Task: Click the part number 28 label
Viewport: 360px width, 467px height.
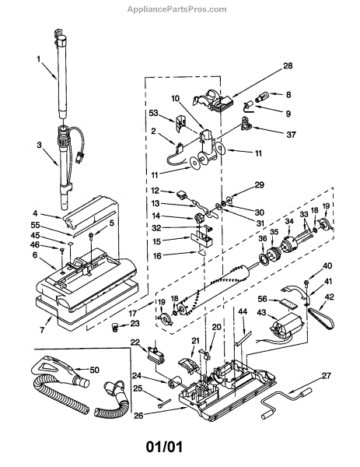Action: tap(288, 65)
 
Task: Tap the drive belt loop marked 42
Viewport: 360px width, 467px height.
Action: tap(321, 318)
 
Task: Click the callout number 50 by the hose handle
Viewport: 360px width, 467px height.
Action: tap(94, 370)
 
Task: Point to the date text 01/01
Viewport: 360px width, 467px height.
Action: tap(164, 447)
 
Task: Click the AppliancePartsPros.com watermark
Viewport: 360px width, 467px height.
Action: tap(177, 9)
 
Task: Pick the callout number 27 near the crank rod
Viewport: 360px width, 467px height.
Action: tap(327, 376)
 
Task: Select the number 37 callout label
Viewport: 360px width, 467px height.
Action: tap(292, 135)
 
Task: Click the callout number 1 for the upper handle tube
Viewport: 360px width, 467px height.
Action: tap(38, 59)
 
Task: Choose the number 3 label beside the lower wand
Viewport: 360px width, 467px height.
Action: tap(40, 145)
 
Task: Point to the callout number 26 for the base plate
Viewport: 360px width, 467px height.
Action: tap(138, 415)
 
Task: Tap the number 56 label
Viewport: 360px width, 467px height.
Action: tap(263, 299)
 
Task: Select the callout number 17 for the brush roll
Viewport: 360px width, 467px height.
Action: tap(134, 314)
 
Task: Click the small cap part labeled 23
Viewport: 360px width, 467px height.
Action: tap(115, 328)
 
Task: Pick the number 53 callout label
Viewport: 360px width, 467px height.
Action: tap(153, 113)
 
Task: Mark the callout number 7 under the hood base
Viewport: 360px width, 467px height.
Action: tap(42, 330)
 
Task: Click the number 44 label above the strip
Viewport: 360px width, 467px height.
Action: tap(243, 311)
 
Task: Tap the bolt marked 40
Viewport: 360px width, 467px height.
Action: tap(306, 282)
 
